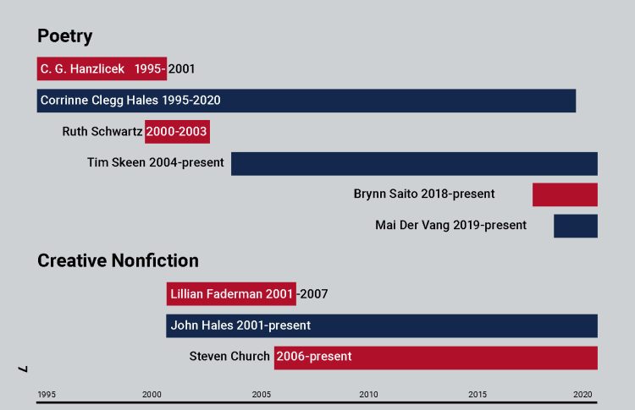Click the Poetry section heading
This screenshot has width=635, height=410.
click(x=64, y=36)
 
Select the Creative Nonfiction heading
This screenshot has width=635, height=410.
click(x=118, y=260)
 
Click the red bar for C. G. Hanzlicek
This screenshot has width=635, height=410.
click(x=102, y=68)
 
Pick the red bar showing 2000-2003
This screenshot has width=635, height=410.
click(x=177, y=132)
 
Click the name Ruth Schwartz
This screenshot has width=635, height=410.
click(x=102, y=132)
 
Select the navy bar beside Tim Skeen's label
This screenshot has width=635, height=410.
click(x=414, y=163)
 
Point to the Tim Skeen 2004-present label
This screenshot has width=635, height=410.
click(x=156, y=163)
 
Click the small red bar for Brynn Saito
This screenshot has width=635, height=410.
click(x=565, y=194)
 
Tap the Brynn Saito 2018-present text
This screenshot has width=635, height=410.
click(x=424, y=194)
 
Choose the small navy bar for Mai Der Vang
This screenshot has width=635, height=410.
click(x=576, y=226)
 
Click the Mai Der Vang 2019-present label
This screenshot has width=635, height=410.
click(x=450, y=226)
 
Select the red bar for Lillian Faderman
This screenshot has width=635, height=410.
click(x=231, y=294)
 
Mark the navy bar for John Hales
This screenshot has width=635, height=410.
click(x=382, y=325)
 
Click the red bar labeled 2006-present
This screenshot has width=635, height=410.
click(x=436, y=357)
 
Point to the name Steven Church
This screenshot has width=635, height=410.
click(x=229, y=357)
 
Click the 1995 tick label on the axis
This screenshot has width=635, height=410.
click(x=47, y=395)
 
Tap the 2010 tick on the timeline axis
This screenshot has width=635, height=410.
click(x=369, y=395)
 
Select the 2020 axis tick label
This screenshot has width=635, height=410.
click(x=583, y=395)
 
